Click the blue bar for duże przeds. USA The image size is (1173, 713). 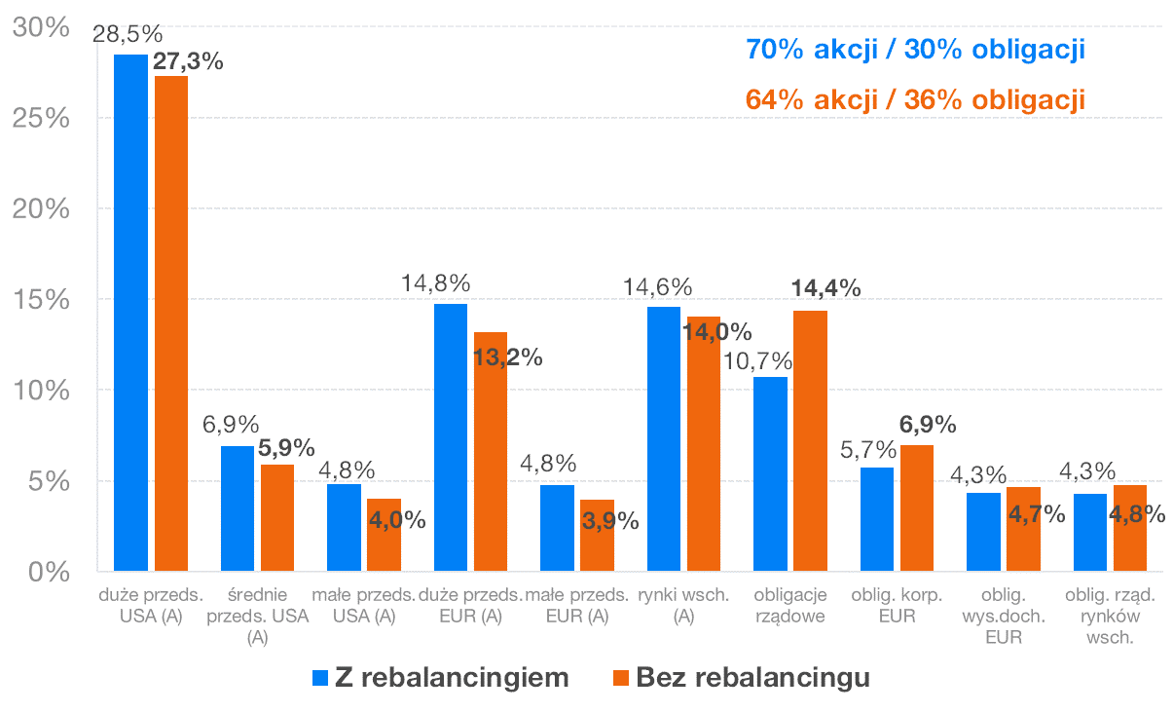(x=130, y=312)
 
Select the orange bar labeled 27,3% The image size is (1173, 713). (x=171, y=322)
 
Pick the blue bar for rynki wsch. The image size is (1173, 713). (x=664, y=438)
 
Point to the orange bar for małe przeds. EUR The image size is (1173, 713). (x=597, y=535)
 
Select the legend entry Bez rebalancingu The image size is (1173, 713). (x=740, y=678)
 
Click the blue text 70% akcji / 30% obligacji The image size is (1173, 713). (x=914, y=49)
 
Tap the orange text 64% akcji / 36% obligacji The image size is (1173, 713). (x=914, y=100)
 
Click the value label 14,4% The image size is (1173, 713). (x=826, y=288)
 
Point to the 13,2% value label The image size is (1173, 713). (x=507, y=356)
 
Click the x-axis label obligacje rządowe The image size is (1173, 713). (x=789, y=605)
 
